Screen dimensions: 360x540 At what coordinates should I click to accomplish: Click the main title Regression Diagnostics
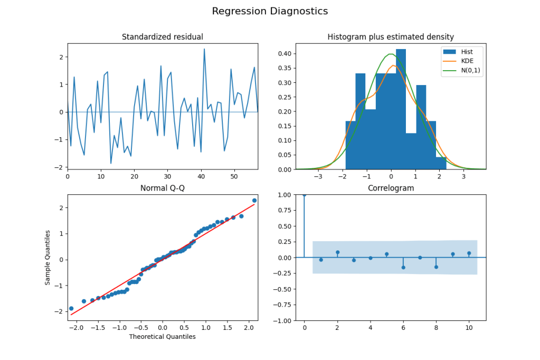click(x=270, y=11)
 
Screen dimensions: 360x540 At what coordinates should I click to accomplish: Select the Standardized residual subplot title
click(x=162, y=37)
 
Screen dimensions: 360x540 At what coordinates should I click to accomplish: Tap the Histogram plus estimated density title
click(x=391, y=37)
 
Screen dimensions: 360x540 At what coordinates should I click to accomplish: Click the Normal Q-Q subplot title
click(x=162, y=188)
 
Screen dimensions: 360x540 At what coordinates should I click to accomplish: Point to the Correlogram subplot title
click(x=391, y=188)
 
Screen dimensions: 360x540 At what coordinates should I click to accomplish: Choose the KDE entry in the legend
click(x=467, y=62)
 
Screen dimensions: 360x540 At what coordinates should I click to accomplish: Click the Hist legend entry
click(x=467, y=52)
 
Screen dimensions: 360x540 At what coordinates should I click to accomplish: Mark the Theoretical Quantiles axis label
click(x=162, y=337)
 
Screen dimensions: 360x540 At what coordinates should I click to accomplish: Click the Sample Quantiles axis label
click(x=48, y=257)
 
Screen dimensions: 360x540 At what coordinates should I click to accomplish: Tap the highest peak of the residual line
click(x=204, y=49)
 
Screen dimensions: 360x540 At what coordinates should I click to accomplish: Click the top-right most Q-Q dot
click(x=254, y=201)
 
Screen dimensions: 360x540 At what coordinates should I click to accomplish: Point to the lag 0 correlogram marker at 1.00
click(x=304, y=195)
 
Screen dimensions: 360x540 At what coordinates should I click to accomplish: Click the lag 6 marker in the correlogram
click(x=403, y=268)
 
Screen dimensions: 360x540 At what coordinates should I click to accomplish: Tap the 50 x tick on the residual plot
click(x=234, y=176)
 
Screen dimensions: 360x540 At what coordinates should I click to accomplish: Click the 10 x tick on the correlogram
click(x=469, y=328)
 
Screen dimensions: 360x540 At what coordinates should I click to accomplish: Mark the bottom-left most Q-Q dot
click(x=71, y=308)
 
